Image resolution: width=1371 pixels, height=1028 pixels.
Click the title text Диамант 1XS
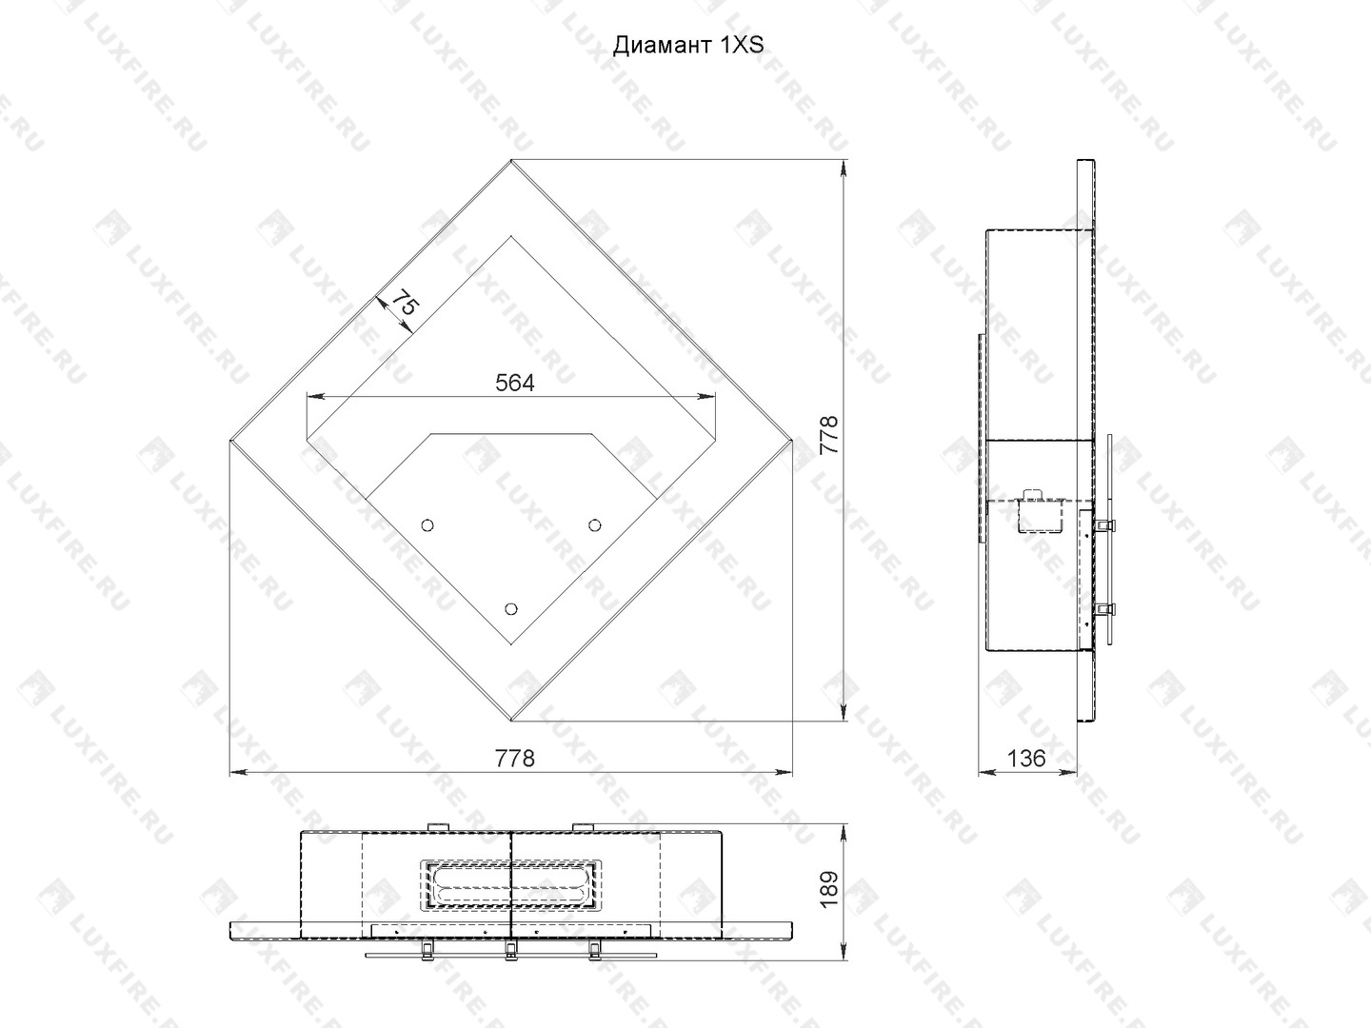pyautogui.click(x=687, y=45)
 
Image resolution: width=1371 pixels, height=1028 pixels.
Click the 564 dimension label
pyautogui.click(x=515, y=384)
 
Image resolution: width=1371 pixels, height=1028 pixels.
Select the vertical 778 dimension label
pyautogui.click(x=828, y=435)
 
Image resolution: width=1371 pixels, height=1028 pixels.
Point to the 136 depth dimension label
pyautogui.click(x=1026, y=759)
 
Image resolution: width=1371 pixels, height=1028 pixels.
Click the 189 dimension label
pyautogui.click(x=828, y=889)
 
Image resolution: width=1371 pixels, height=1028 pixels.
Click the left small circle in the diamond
pyautogui.click(x=427, y=525)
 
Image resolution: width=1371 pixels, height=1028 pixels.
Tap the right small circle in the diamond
pyautogui.click(x=595, y=525)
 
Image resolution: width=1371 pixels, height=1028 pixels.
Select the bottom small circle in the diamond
pyautogui.click(x=511, y=608)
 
